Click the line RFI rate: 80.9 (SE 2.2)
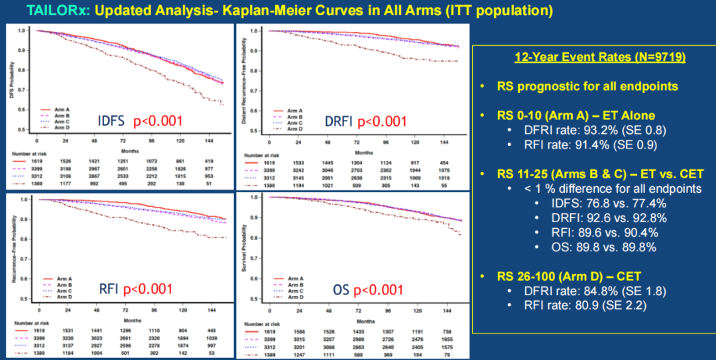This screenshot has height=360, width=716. pyautogui.click(x=574, y=306)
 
